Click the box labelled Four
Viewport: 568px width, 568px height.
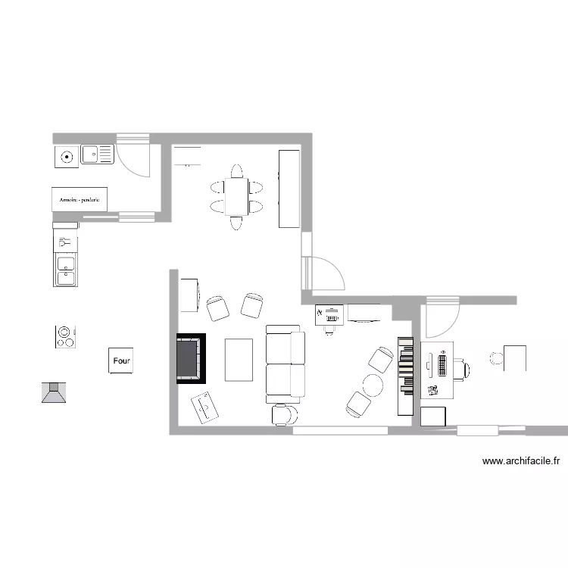120,361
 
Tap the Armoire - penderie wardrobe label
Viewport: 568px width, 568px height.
80,199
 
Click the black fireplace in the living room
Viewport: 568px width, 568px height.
192,358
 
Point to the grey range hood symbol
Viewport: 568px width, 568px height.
54,392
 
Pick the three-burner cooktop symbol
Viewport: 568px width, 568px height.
66,336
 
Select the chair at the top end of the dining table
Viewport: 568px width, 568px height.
237,170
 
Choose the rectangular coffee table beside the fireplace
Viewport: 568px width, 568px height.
239,360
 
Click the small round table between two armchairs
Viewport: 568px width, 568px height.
373,384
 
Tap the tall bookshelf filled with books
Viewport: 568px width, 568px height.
404,376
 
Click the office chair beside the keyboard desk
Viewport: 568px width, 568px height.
462,369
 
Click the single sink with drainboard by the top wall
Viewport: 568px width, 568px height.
97,155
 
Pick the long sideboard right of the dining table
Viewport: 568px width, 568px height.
289,189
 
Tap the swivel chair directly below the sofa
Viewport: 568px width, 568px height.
284,414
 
